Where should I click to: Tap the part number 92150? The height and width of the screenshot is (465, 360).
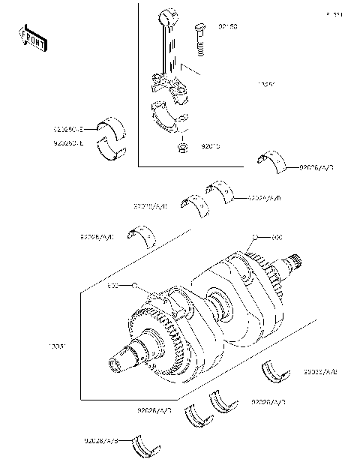click(x=228, y=26)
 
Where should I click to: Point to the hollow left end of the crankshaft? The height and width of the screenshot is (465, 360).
click(x=117, y=366)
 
